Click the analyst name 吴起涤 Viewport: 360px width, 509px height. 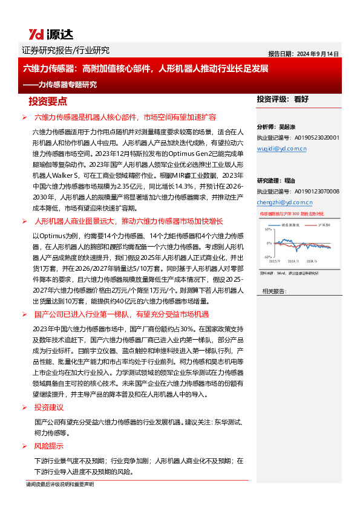287,128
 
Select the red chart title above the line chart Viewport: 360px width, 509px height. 290,214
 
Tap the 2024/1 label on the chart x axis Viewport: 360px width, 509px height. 295,261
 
